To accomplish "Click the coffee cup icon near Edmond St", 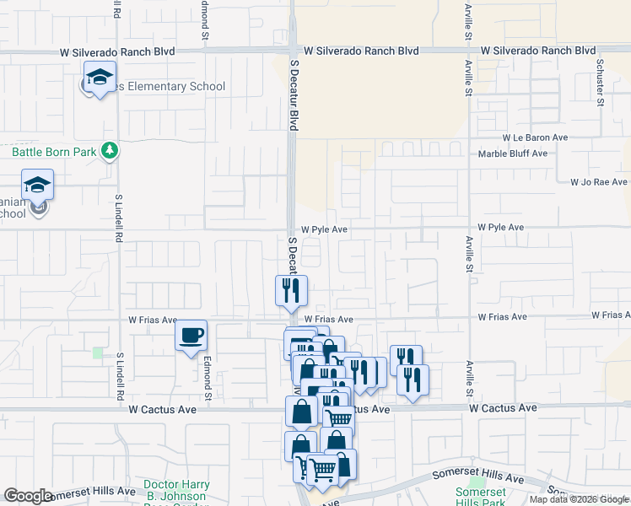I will (x=191, y=335).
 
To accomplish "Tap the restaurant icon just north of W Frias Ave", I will (x=291, y=291).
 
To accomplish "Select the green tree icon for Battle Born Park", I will (x=109, y=151).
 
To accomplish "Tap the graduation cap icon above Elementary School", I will (x=100, y=78).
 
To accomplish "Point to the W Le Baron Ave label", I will (x=535, y=137).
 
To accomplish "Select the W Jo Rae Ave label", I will (x=598, y=181).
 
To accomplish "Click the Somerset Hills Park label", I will (x=480, y=497).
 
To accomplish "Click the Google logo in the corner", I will (x=28, y=496).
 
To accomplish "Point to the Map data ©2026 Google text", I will (x=579, y=499).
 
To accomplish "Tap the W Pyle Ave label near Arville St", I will (x=500, y=228).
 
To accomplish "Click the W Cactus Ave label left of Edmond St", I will (x=163, y=409).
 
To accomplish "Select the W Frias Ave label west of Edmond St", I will (x=153, y=320).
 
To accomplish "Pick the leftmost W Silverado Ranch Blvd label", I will (x=117, y=51).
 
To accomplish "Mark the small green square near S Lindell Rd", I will (x=98, y=353).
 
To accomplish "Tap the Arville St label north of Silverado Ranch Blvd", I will (x=467, y=21).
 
